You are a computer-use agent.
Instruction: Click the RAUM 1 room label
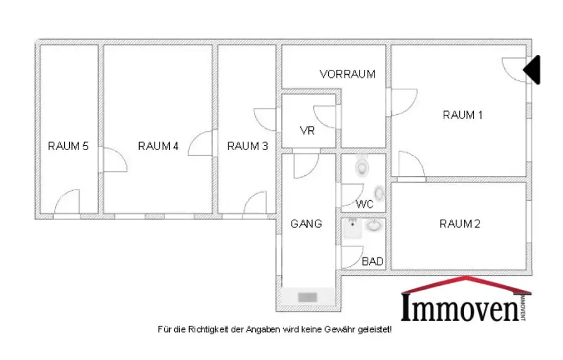pos(462,115)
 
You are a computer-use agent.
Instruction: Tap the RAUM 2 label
pos(460,224)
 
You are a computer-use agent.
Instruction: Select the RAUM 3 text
pos(247,146)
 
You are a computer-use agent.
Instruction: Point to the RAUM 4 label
pos(158,146)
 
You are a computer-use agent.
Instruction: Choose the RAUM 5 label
pos(68,146)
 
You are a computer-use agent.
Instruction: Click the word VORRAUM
pos(347,74)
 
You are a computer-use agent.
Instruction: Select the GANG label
pos(306,224)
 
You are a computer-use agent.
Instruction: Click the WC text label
pos(365,204)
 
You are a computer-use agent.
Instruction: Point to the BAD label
pos(372,262)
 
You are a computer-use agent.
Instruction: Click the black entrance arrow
pos(533,70)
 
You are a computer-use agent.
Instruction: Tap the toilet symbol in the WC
pos(362,165)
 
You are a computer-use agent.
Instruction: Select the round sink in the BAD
pos(375,225)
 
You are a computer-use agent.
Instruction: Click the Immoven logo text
pos(459,308)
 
